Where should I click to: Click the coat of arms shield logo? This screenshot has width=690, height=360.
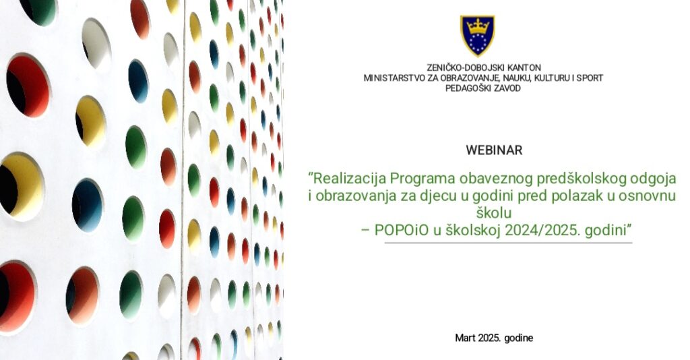coord(478,36)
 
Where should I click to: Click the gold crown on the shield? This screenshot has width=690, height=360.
coord(478,27)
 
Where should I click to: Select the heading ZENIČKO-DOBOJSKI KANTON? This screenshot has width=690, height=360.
coord(484,68)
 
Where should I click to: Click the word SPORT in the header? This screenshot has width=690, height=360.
coord(590,78)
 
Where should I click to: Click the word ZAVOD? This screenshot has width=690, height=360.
coord(507,88)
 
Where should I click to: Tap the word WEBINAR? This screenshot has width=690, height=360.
coord(494,150)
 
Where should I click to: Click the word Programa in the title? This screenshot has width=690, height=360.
coord(422,179)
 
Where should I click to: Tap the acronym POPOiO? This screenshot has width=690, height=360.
coord(402,230)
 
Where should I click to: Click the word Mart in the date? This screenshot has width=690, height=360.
coord(464,338)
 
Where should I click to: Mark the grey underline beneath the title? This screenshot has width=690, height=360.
coord(508,243)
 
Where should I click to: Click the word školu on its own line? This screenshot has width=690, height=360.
coord(494,213)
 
